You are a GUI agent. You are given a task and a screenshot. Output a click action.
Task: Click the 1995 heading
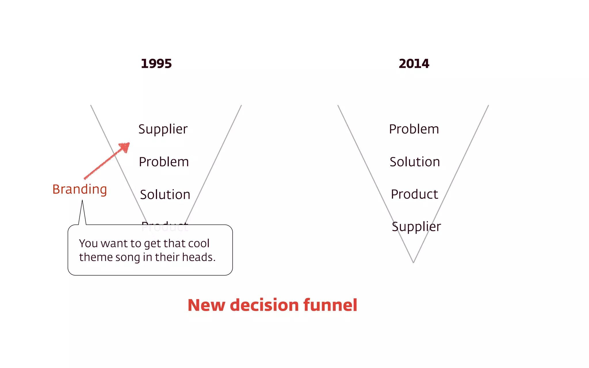pyautogui.click(x=156, y=64)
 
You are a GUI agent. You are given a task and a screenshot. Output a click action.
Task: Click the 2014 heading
pyautogui.click(x=414, y=64)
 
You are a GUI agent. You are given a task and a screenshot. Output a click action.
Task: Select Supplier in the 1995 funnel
pyautogui.click(x=163, y=129)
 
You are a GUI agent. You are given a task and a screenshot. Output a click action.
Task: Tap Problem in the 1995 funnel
pyautogui.click(x=164, y=162)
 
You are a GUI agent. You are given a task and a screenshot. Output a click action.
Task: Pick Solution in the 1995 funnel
pyautogui.click(x=165, y=195)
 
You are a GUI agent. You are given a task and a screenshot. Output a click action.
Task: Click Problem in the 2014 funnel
pyautogui.click(x=414, y=129)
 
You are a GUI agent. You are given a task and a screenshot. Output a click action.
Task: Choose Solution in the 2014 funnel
pyautogui.click(x=415, y=162)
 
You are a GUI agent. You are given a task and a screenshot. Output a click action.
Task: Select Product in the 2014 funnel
pyautogui.click(x=414, y=194)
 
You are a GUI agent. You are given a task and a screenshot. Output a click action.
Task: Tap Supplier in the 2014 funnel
pyautogui.click(x=416, y=227)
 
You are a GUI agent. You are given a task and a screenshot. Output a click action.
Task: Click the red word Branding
pyautogui.click(x=80, y=189)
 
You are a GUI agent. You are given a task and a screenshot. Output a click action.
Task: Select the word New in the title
pyautogui.click(x=206, y=305)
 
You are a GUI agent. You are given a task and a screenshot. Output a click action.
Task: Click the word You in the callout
pyautogui.click(x=89, y=244)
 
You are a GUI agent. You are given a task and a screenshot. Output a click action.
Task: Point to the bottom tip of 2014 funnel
pyautogui.click(x=413, y=262)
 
